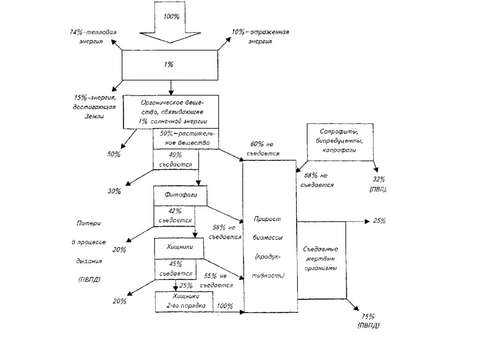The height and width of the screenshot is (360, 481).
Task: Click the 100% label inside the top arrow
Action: pyautogui.click(x=171, y=16)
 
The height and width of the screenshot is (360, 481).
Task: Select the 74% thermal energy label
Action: pyautogui.click(x=93, y=36)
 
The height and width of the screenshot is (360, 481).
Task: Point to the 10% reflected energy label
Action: pyautogui.click(x=260, y=36)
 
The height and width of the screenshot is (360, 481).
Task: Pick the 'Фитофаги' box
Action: pyautogui.click(x=180, y=195)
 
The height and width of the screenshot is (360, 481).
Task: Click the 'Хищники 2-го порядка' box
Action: pyautogui.click(x=184, y=301)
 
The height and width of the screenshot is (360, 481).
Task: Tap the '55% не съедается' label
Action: pyautogui.click(x=217, y=280)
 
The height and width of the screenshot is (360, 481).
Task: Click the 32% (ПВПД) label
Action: pyautogui.click(x=378, y=184)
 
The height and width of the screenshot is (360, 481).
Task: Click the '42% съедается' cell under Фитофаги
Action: pyautogui.click(x=174, y=215)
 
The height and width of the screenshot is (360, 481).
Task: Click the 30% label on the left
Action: pyautogui.click(x=114, y=191)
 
